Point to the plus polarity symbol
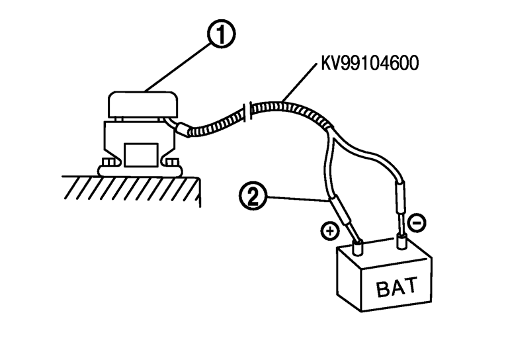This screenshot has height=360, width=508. pyautogui.click(x=329, y=230)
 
